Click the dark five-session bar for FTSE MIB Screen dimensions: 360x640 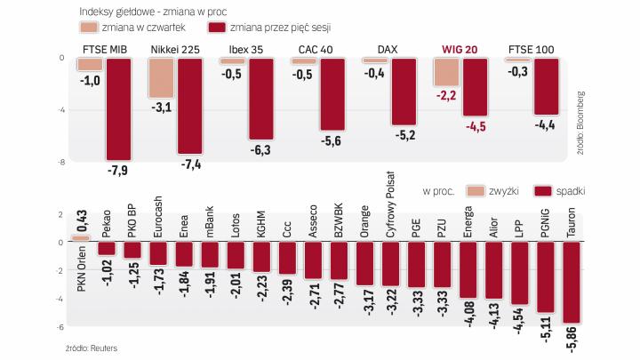[x=118, y=108]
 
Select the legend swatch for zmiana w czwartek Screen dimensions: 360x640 [x=81, y=27]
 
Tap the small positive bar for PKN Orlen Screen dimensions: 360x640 [x=81, y=238]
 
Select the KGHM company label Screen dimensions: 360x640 [x=260, y=222]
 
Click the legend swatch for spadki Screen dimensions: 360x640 [x=545, y=191]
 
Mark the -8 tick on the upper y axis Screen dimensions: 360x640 [x=60, y=163]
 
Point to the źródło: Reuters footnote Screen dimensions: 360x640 [x=91, y=348]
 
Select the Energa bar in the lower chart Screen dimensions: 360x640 [x=468, y=269]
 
